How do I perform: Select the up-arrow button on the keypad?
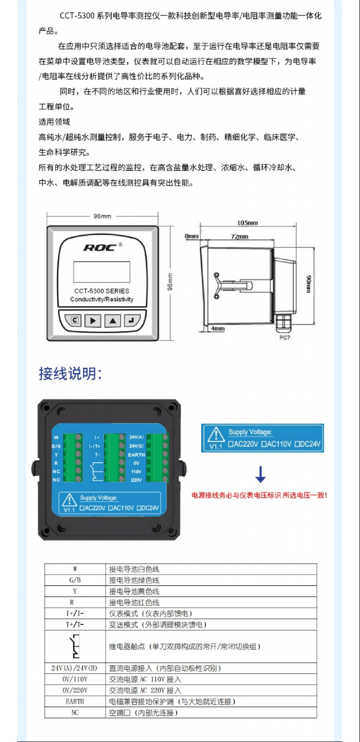[112, 320]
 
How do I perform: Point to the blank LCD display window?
[102, 272]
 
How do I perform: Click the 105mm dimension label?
[248, 223]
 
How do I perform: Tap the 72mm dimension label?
[239, 237]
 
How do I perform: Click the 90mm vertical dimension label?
[309, 284]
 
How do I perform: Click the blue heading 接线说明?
[70, 374]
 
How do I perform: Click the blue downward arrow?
[261, 474]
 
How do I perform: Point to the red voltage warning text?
[260, 495]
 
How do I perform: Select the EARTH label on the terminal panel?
[136, 455]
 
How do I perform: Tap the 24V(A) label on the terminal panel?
[136, 437]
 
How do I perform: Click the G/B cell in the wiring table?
[75, 580]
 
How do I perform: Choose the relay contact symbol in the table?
[75, 646]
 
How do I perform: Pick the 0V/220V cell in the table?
[75, 690]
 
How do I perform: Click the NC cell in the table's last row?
[75, 713]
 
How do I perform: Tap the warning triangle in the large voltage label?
[217, 434]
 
